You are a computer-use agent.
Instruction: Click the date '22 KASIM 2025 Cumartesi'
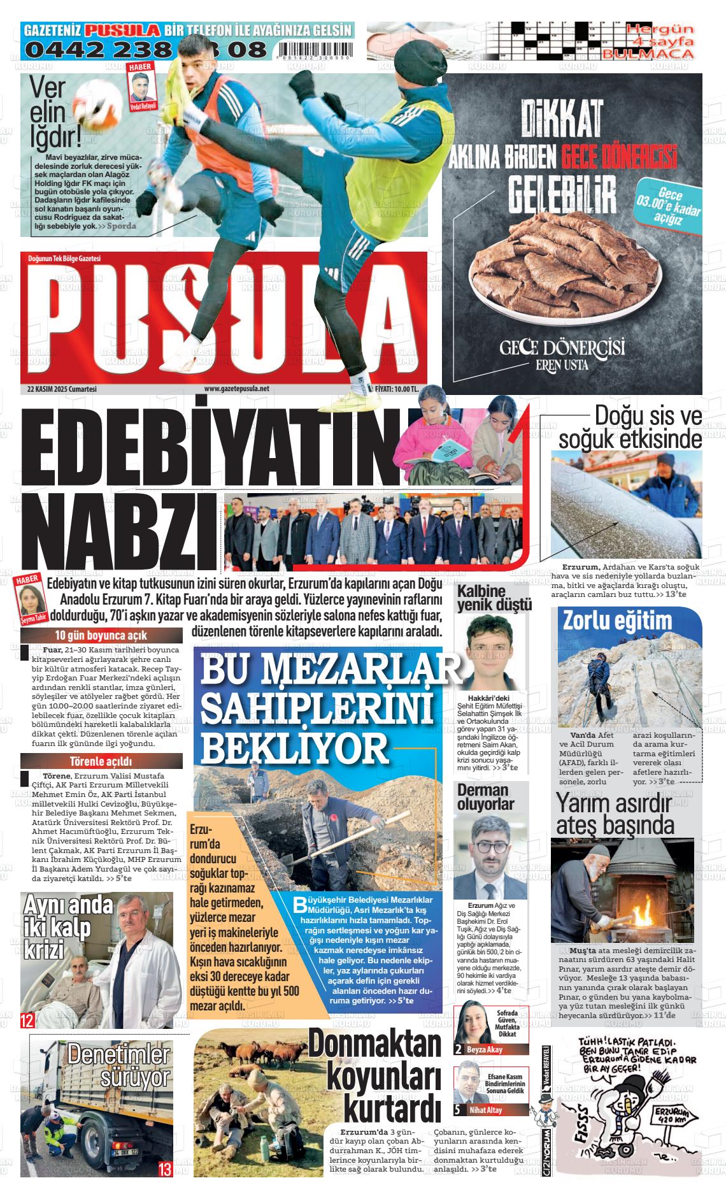[x=61, y=388]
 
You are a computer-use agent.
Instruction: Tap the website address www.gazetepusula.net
[x=236, y=388]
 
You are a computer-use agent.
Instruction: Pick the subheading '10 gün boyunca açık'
[x=101, y=635]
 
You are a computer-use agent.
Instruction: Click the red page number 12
[x=27, y=1021]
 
